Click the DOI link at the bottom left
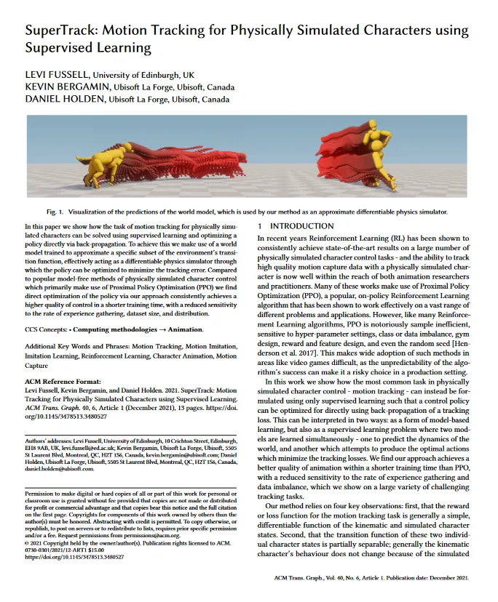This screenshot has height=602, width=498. click(x=74, y=557)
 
